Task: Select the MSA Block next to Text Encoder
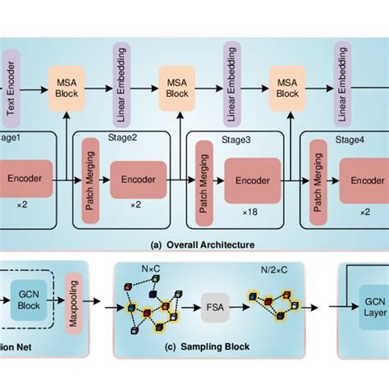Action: point(66,85)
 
